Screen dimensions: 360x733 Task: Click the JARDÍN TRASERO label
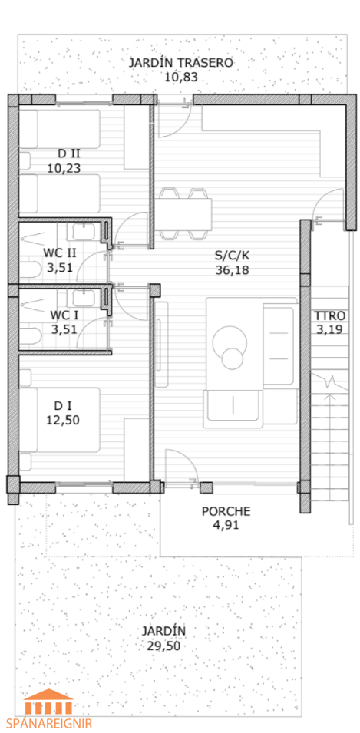[180, 63]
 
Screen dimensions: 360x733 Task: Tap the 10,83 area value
[180, 77]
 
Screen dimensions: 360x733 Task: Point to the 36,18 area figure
[232, 269]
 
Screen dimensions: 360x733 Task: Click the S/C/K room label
[232, 256]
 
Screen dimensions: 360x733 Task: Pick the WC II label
[60, 253]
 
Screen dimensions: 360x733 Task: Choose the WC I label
[64, 315]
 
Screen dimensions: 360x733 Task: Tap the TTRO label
[329, 315]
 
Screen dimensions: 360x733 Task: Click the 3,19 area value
[329, 329]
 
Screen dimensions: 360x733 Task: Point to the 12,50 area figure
[63, 420]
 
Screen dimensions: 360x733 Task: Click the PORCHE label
[226, 511]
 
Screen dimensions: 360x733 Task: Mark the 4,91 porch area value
[226, 525]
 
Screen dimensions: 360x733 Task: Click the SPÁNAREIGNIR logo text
[49, 723]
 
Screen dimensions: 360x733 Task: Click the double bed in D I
[59, 420]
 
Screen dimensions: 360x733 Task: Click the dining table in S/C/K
[183, 213]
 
